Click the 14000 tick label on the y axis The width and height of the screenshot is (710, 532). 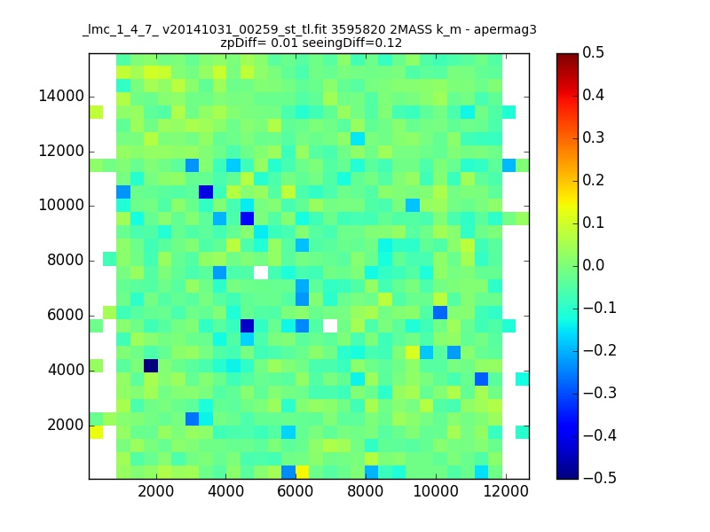pyautogui.click(x=61, y=97)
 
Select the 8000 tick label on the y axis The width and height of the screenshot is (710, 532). pyautogui.click(x=66, y=261)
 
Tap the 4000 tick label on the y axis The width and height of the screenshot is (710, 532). pyautogui.click(x=66, y=371)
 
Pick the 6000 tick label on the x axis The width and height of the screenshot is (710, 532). pyautogui.click(x=296, y=491)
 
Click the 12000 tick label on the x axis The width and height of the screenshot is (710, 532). pyautogui.click(x=505, y=491)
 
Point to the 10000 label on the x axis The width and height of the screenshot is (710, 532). pyautogui.click(x=436, y=491)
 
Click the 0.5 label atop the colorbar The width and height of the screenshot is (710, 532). pyautogui.click(x=593, y=53)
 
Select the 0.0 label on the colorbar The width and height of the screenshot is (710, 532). pyautogui.click(x=593, y=265)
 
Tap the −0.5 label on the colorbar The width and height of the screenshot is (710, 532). pyautogui.click(x=600, y=478)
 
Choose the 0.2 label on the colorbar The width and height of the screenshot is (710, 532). pyautogui.click(x=593, y=181)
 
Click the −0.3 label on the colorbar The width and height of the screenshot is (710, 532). pyautogui.click(x=600, y=393)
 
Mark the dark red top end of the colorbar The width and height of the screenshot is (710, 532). pyautogui.click(x=568, y=56)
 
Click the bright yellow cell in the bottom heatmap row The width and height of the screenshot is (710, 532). pyautogui.click(x=302, y=472)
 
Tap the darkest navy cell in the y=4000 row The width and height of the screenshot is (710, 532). pyautogui.click(x=151, y=365)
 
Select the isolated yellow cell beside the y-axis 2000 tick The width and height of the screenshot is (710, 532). pyautogui.click(x=96, y=432)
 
